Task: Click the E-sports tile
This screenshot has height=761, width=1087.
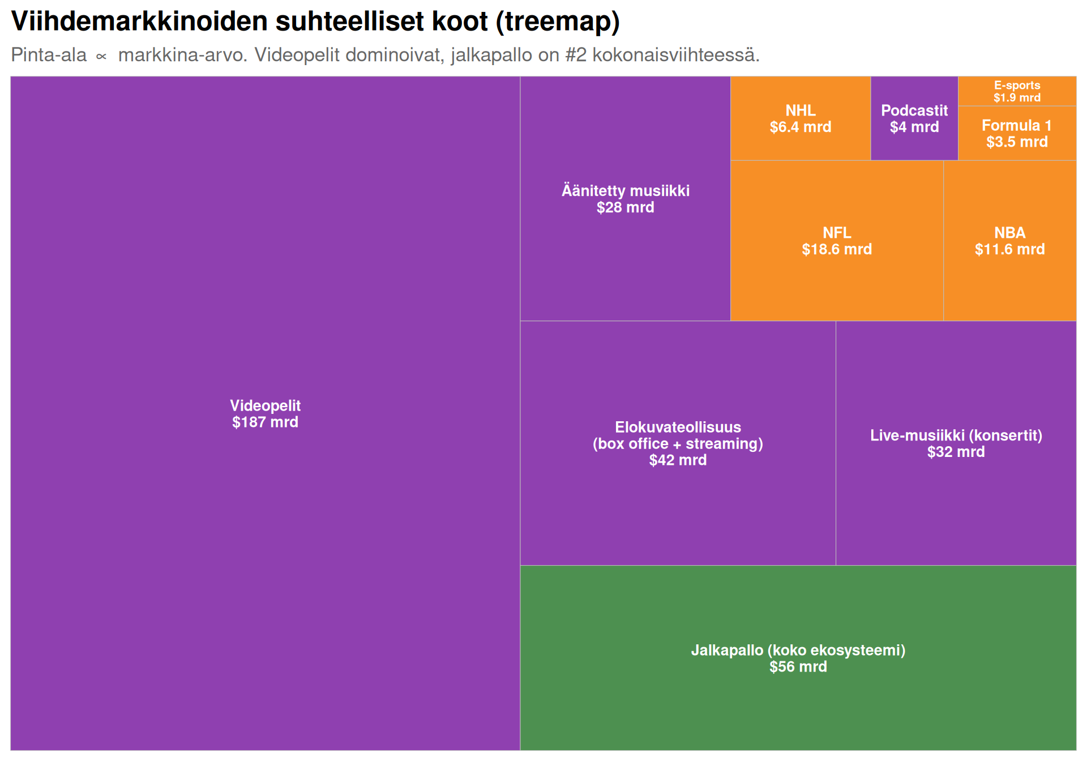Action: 1017,91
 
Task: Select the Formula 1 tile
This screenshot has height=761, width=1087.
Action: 1017,133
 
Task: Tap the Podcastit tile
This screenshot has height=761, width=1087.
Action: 914,118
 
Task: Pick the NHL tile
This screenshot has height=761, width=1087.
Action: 801,118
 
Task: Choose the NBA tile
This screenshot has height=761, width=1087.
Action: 1010,241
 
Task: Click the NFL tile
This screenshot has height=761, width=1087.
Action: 837,241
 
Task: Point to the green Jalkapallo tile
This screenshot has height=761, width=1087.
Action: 798,658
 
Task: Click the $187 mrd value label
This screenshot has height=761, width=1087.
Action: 265,422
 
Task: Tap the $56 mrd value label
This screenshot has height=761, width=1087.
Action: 798,667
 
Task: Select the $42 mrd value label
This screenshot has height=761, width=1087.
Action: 678,460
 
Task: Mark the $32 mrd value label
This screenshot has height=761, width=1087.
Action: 956,452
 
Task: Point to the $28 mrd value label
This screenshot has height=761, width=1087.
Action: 625,208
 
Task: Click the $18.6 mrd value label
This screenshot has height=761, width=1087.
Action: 837,250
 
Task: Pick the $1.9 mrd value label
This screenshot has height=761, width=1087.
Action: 1017,97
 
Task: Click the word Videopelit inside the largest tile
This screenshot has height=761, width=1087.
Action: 265,405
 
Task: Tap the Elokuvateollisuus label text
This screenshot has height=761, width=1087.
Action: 678,427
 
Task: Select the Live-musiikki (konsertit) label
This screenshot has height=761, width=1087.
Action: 956,435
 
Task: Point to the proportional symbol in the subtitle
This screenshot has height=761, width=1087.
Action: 102,56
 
